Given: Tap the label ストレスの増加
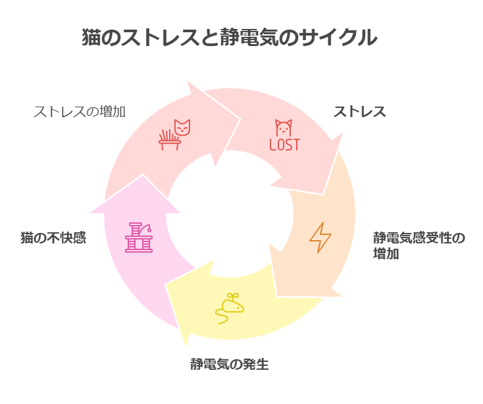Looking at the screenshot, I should (79, 111).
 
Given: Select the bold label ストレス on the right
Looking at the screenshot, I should (359, 111).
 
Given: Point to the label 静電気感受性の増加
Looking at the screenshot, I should (419, 245).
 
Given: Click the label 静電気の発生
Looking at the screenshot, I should (229, 364).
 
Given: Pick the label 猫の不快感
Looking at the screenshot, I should (53, 238).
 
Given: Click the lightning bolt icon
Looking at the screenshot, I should (320, 238).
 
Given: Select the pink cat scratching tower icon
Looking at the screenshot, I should (139, 237).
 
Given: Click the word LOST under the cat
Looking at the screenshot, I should (284, 144).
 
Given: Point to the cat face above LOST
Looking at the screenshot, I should (283, 128).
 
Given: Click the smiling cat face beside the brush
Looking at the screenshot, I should (182, 127).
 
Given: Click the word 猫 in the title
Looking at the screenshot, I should (90, 38).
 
